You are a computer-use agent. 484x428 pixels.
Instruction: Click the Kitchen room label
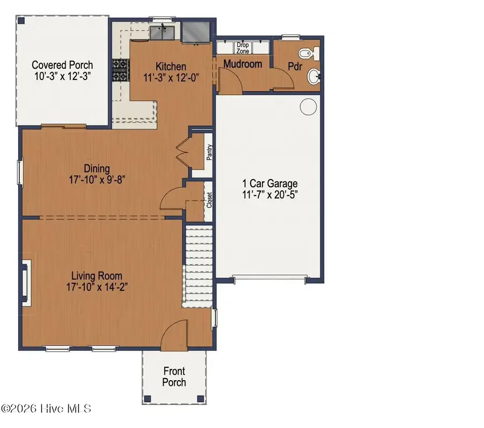click(171, 66)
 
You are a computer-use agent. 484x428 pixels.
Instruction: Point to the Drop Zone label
click(243, 48)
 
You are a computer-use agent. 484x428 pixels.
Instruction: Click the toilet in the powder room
click(308, 54)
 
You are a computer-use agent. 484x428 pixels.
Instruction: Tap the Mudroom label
click(243, 64)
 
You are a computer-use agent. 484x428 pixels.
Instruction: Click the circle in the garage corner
click(308, 107)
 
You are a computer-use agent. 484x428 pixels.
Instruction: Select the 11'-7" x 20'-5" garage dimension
click(269, 194)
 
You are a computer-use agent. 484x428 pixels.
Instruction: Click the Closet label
click(209, 201)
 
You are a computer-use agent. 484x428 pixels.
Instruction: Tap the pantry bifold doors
click(183, 152)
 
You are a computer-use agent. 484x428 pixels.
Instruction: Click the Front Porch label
click(174, 376)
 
